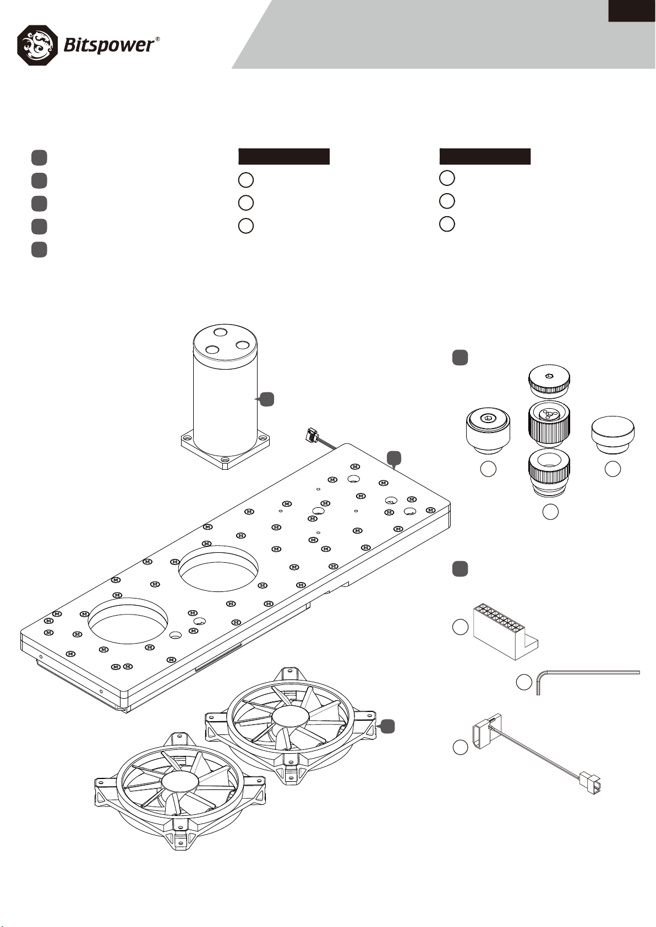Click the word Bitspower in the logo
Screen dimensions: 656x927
pos(108,45)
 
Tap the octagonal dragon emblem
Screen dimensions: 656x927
pos(37,45)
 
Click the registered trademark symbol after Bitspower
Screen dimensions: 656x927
pos(158,39)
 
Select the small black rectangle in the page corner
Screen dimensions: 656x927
pos(632,10)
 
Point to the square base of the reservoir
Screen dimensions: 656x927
pos(226,450)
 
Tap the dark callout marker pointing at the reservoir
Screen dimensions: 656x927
pos(266,399)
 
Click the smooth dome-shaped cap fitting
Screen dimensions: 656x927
pos(613,435)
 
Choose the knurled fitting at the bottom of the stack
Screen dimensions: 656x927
pos(549,472)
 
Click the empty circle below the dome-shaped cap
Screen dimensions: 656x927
pos(613,469)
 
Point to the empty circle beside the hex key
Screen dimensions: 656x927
pos(523,682)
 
